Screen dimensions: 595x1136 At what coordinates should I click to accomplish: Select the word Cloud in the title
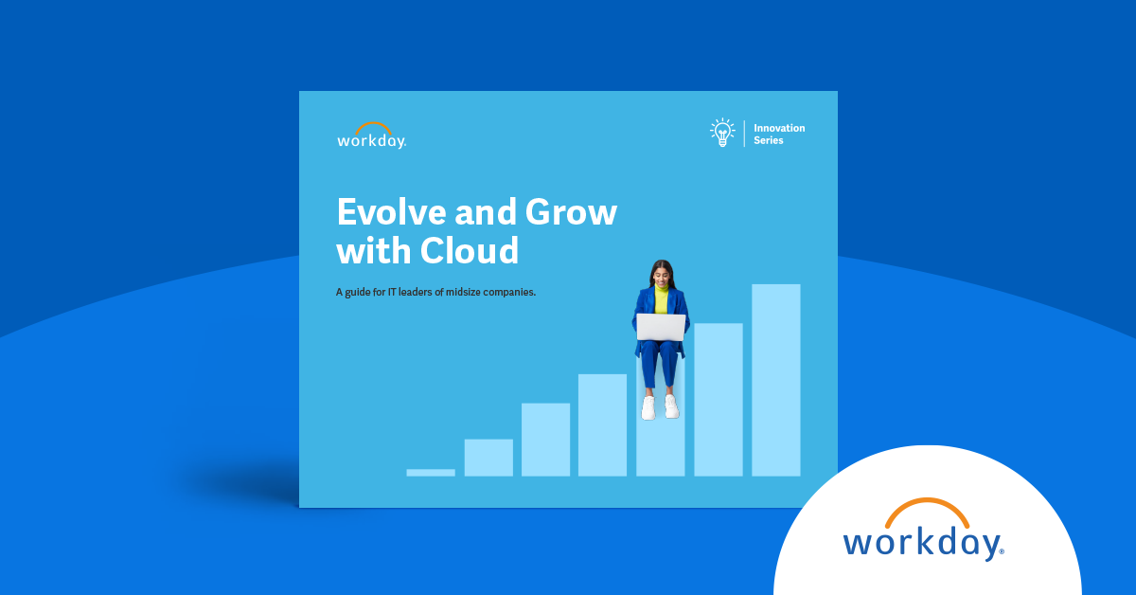[470, 251]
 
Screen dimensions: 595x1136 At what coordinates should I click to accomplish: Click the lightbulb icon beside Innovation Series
[723, 133]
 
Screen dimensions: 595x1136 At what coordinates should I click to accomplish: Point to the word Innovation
[779, 128]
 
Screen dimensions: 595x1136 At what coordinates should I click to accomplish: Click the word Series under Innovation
[769, 141]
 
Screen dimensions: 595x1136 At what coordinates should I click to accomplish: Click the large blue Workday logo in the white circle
[923, 541]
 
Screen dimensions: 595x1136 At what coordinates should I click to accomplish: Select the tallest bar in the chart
[775, 379]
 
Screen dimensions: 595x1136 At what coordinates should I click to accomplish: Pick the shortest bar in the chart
[431, 472]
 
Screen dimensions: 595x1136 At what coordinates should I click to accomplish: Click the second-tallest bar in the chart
[718, 399]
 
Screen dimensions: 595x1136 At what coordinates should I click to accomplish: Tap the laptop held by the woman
[661, 327]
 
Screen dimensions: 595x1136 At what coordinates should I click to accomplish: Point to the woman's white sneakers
[660, 407]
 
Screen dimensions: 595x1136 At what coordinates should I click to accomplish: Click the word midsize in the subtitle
[459, 292]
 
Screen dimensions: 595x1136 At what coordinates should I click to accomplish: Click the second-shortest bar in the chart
[488, 457]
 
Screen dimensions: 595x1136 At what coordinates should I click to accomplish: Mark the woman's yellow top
[661, 302]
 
